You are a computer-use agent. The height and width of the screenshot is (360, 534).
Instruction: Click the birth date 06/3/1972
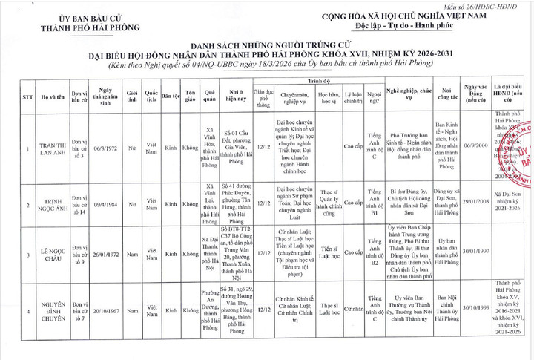pos(103,148)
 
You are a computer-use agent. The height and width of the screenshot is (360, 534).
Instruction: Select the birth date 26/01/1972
pos(103,254)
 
